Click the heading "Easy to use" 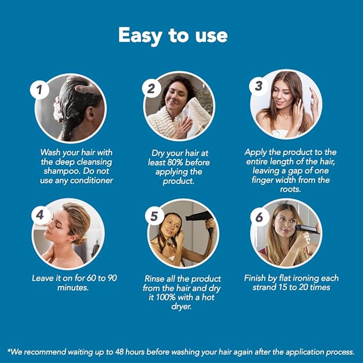173,35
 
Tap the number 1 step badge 39,89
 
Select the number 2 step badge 151,88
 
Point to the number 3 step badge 258,85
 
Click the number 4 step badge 40,215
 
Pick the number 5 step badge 154,217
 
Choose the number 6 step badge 259,217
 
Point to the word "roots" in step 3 290,189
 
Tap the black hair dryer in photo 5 200,217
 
